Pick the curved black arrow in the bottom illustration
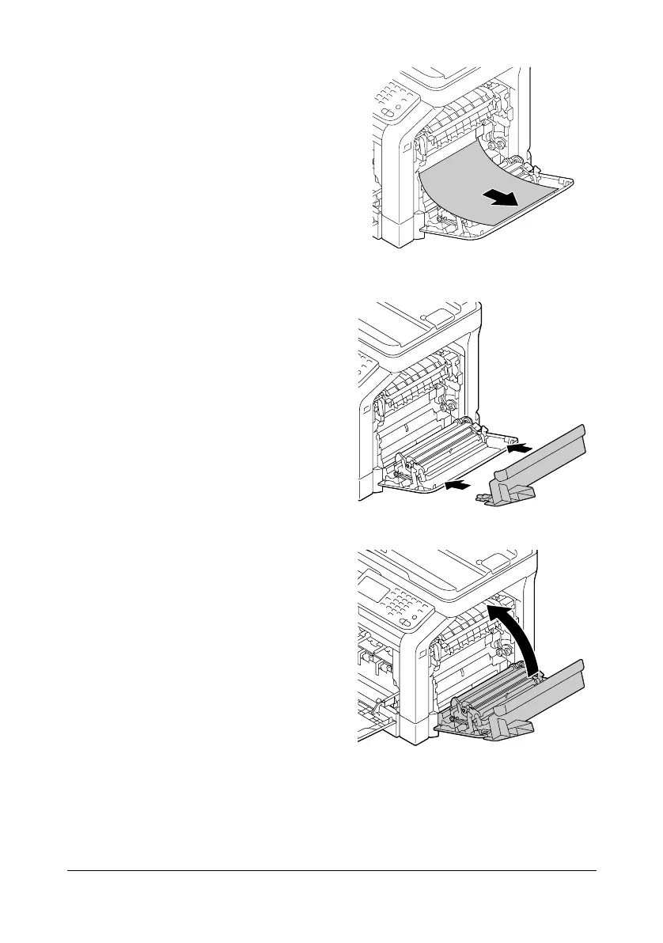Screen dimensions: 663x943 click(x=518, y=633)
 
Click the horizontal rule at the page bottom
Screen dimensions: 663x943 click(x=331, y=872)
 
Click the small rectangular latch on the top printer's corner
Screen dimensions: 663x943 click(x=404, y=147)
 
